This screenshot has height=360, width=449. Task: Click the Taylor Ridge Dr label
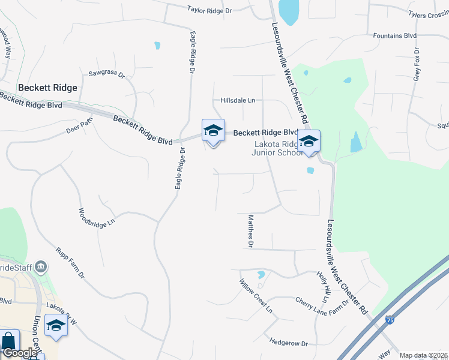pos(209,10)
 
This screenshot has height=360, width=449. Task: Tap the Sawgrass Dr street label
pos(106,75)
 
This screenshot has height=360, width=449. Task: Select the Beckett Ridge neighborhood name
pos(47,88)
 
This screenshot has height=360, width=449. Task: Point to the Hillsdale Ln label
pos(238,100)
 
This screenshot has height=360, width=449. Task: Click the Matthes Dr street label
pos(251,232)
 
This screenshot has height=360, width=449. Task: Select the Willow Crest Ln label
pos(256,296)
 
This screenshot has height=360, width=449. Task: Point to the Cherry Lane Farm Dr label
pos(322,305)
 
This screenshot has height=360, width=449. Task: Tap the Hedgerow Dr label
pos(289,343)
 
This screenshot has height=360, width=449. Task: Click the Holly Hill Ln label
pos(322,287)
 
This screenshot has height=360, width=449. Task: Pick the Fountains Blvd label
pos(394,36)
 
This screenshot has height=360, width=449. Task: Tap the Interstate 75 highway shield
pos(391,321)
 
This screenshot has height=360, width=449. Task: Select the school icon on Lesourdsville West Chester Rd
pos(309,142)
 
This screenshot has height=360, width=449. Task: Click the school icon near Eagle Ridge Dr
pos(213,130)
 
